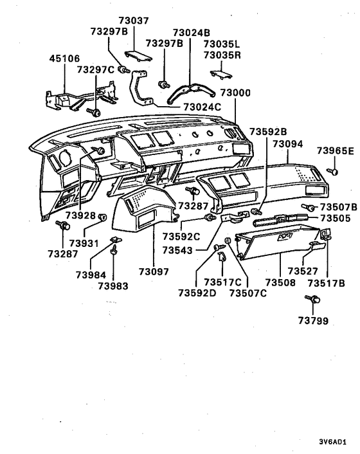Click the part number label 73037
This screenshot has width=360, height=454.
coord(134,21)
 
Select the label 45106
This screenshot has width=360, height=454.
coord(65,59)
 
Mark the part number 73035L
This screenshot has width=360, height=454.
coord(221,43)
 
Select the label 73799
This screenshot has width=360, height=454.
coord(313,320)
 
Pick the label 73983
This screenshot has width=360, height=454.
coord(114,286)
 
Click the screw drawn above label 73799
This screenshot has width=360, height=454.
coord(312,300)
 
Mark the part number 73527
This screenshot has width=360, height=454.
coord(303,271)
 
